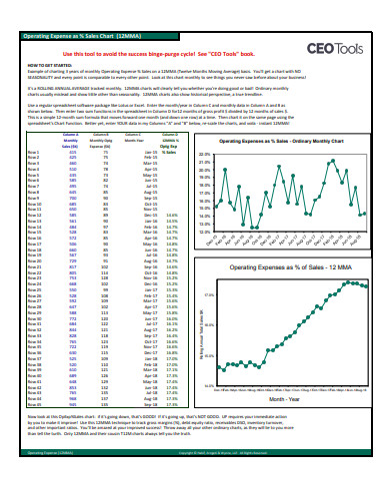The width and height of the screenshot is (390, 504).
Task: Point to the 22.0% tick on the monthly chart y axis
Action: [x=204, y=156]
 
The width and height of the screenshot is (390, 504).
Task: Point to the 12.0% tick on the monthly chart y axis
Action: [x=204, y=237]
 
